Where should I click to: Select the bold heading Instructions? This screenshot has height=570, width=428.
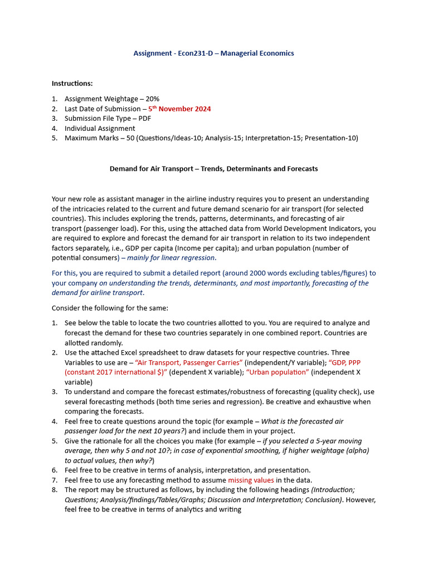coord(72,83)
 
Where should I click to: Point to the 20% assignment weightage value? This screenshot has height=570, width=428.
coord(152,99)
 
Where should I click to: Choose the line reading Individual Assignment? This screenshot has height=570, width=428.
coord(100,129)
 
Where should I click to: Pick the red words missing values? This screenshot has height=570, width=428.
coord(251,480)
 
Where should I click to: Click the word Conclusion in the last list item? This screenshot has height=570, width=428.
coord(322,500)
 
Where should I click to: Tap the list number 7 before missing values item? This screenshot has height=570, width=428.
coord(55,480)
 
